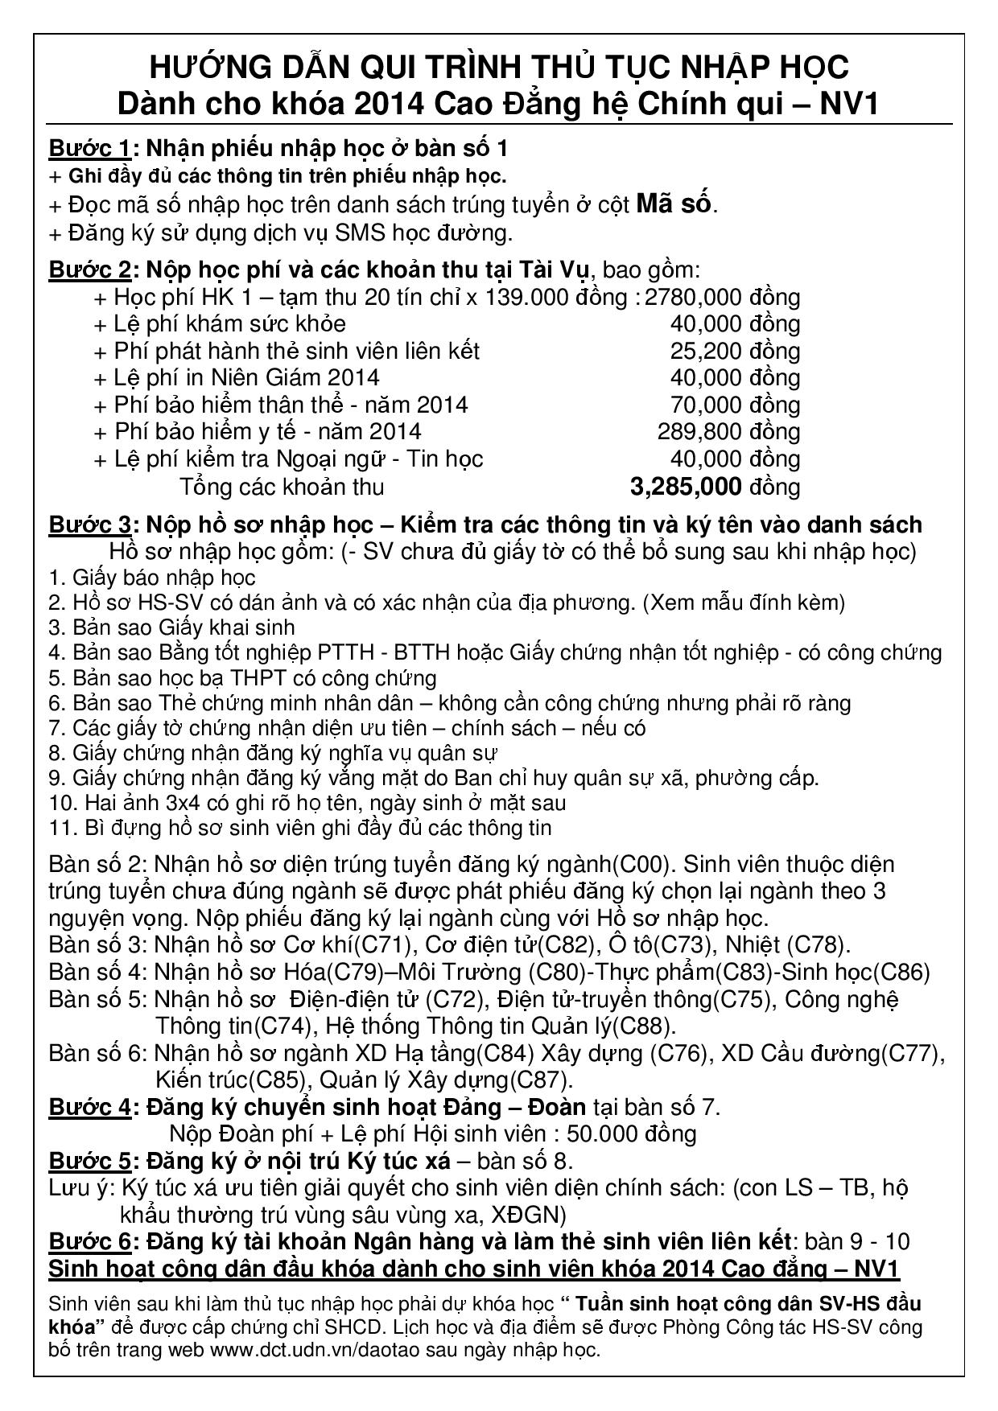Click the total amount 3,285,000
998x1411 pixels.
(685, 487)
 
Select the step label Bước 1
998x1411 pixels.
(89, 149)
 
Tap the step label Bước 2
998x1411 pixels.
(89, 269)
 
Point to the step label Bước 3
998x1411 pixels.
(89, 524)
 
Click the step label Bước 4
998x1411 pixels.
(89, 1107)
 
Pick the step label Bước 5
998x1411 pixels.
(89, 1161)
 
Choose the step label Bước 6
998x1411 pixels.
(89, 1241)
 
